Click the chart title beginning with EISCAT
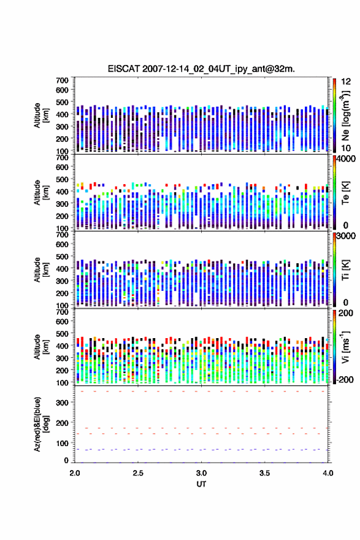pyautogui.click(x=201, y=69)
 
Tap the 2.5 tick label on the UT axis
pyautogui.click(x=138, y=473)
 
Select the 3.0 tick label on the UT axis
pyautogui.click(x=201, y=473)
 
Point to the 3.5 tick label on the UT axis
pyautogui.click(x=265, y=473)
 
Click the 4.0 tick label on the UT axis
pyautogui.click(x=328, y=473)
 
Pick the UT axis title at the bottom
pyautogui.click(x=201, y=484)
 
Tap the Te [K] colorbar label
pyautogui.click(x=345, y=193)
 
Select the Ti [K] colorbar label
pyautogui.click(x=345, y=269)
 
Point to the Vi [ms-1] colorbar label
pyautogui.click(x=345, y=347)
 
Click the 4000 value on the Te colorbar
pyautogui.click(x=347, y=159)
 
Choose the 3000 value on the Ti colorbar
pyautogui.click(x=347, y=236)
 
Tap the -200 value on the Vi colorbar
pyautogui.click(x=345, y=379)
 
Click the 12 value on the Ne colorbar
pyautogui.click(x=346, y=81)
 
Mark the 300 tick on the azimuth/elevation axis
pyautogui.click(x=63, y=403)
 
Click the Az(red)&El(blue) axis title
pyautogui.click(x=41, y=424)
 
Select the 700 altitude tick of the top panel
pyautogui.click(x=63, y=80)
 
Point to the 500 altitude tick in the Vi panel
pyautogui.click(x=63, y=334)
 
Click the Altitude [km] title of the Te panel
pyautogui.click(x=41, y=193)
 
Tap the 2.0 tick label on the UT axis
pyautogui.click(x=75, y=473)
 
